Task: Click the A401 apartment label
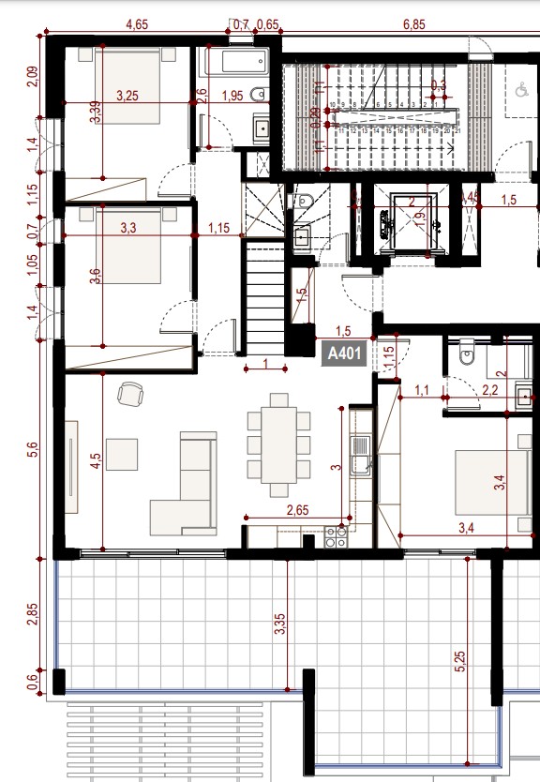click(345, 354)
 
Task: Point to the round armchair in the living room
click(129, 395)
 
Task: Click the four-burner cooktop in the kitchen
click(335, 535)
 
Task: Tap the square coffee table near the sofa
click(121, 454)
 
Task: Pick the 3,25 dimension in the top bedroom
click(128, 96)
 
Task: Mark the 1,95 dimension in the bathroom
click(232, 96)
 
